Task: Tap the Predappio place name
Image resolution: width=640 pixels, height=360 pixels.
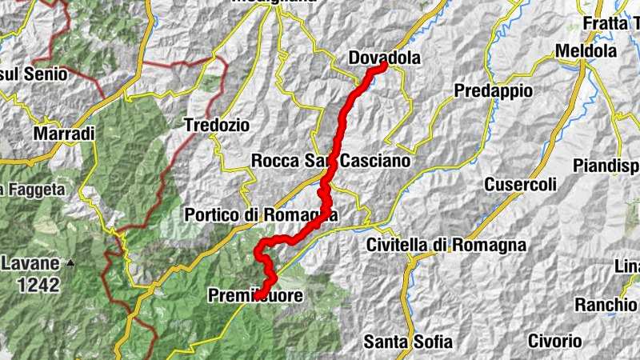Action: (x=493, y=91)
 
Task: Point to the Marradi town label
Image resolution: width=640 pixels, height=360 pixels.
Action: (x=64, y=133)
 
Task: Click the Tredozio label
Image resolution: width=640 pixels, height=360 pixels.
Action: (x=216, y=126)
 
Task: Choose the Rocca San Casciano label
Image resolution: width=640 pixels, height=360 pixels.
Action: (x=330, y=162)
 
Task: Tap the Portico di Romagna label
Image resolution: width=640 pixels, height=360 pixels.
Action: (x=261, y=215)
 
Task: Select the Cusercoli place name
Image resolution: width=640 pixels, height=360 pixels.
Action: (x=520, y=185)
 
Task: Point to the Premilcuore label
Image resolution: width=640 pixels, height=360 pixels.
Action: (x=255, y=296)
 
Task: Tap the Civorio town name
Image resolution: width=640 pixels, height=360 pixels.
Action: (x=554, y=342)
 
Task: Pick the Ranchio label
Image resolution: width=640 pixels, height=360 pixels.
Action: (x=605, y=305)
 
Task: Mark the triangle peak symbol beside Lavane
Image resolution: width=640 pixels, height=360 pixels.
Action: (x=71, y=262)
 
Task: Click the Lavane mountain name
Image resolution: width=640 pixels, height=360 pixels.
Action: (x=30, y=262)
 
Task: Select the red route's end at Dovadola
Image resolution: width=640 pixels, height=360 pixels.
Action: (x=382, y=66)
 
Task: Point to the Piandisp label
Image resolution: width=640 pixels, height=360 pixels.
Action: (x=606, y=166)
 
